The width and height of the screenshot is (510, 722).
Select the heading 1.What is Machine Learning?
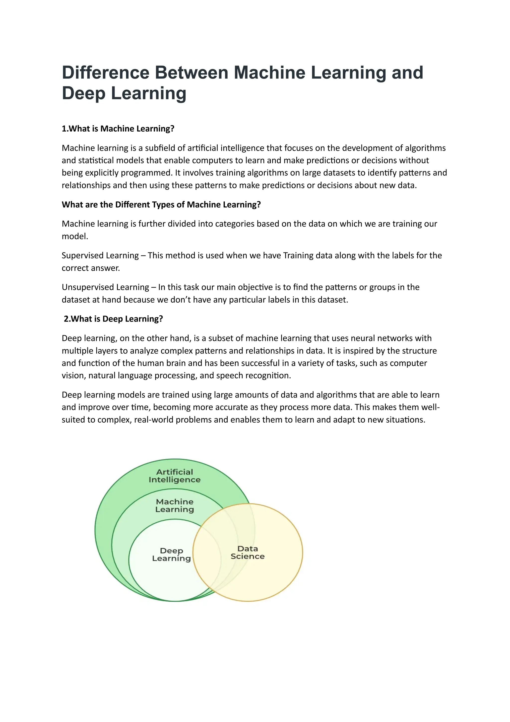pos(118,129)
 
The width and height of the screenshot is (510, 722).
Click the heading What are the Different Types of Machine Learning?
pos(161,205)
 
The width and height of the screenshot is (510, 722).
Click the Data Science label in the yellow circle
pos(248,553)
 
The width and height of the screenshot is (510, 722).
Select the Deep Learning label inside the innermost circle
pos(171,554)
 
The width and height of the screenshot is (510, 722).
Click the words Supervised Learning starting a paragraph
pos(100,256)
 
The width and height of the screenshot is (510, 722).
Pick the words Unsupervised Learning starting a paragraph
pos(105,287)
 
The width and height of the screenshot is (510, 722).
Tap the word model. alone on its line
pos(75,237)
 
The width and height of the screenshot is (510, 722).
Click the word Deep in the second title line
pos(84,93)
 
